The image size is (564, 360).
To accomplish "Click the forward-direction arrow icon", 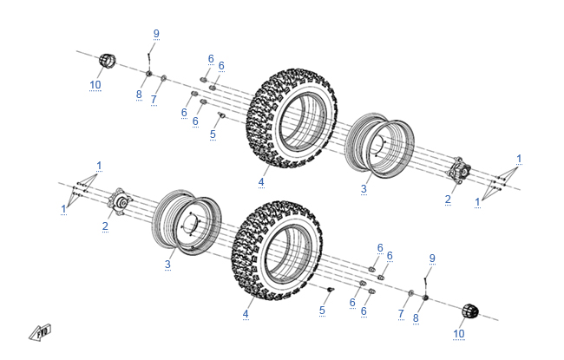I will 41,332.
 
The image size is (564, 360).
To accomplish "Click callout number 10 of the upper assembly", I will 95,85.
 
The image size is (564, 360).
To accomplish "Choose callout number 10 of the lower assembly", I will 459,333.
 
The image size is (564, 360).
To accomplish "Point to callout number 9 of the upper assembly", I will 156,34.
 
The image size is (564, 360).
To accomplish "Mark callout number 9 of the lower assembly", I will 432,259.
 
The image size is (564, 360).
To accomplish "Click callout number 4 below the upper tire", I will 260,182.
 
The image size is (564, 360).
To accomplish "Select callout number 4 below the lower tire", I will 246,313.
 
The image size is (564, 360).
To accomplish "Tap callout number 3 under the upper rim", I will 364,187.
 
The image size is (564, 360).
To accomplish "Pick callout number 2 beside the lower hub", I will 105,227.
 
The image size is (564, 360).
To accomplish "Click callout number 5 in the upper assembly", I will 213,134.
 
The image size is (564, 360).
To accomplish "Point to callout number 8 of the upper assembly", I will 138,95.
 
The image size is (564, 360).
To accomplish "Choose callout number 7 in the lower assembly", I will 401,313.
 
